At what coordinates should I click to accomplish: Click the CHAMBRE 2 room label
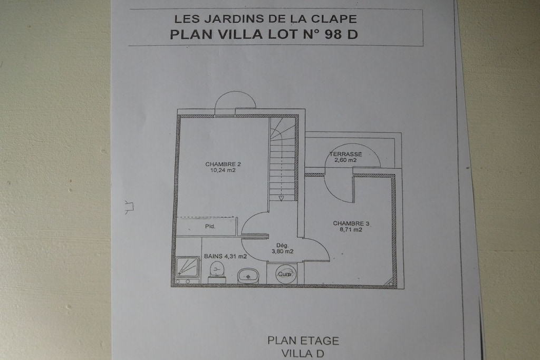(x=223, y=164)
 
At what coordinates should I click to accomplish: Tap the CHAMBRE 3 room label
(x=351, y=223)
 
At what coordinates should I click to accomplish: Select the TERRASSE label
(x=345, y=154)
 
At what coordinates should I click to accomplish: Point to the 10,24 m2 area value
(x=223, y=170)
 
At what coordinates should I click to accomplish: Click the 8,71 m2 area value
(x=351, y=230)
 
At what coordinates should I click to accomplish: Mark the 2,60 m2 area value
(x=345, y=160)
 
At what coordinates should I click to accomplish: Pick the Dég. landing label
(x=282, y=246)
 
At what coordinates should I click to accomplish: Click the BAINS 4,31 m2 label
(x=225, y=256)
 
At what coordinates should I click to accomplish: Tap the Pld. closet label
(x=210, y=226)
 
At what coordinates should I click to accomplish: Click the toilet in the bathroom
(x=217, y=271)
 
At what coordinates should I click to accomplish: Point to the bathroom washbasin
(x=248, y=276)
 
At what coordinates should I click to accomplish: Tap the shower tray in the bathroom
(x=187, y=267)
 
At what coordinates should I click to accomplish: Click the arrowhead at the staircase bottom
(x=282, y=198)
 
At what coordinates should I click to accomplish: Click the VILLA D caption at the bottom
(x=303, y=354)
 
